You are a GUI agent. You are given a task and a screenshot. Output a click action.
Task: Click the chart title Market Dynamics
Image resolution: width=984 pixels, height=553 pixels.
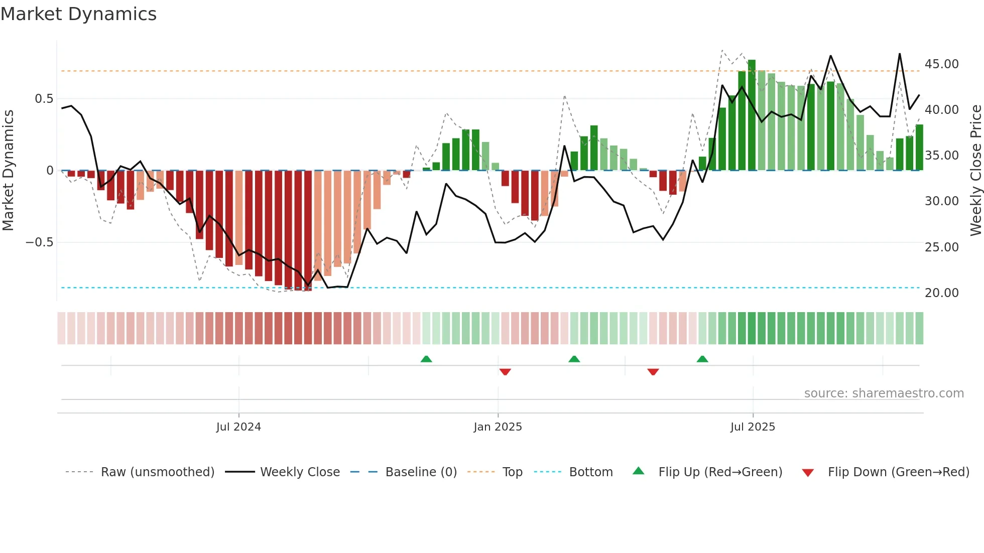click(x=78, y=14)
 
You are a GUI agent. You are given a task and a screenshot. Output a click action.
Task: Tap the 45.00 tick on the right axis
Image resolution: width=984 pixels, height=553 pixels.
click(x=941, y=64)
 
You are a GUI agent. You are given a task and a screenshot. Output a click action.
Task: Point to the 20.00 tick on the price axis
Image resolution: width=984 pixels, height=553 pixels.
click(x=941, y=293)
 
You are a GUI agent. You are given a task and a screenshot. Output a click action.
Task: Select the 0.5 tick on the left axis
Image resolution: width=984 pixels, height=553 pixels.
click(x=44, y=99)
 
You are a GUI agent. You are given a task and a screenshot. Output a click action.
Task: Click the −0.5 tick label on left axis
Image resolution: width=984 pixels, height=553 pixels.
click(x=39, y=242)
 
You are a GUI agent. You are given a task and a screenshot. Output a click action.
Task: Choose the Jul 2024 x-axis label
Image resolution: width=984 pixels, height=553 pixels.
click(x=238, y=427)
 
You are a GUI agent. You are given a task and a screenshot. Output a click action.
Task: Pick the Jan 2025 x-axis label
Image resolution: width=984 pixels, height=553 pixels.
click(x=498, y=427)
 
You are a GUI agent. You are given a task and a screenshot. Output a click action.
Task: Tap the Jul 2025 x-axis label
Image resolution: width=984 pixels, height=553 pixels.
click(x=753, y=427)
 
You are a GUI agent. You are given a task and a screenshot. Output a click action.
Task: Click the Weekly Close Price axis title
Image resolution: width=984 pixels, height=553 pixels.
click(x=975, y=171)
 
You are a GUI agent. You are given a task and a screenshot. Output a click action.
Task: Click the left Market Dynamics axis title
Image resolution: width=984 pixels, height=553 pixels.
click(x=8, y=171)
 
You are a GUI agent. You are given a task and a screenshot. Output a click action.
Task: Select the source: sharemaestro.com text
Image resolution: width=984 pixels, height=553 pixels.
click(x=884, y=393)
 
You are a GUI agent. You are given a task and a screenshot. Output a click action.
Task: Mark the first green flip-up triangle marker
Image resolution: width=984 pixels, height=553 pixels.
click(x=426, y=359)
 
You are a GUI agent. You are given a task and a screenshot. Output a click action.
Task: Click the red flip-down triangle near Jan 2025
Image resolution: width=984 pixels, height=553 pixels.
click(x=505, y=372)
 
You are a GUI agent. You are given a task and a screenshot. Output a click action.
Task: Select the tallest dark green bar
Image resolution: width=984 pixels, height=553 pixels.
click(x=752, y=115)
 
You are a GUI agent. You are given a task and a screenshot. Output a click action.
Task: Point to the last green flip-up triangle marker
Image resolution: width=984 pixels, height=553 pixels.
click(x=702, y=359)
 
